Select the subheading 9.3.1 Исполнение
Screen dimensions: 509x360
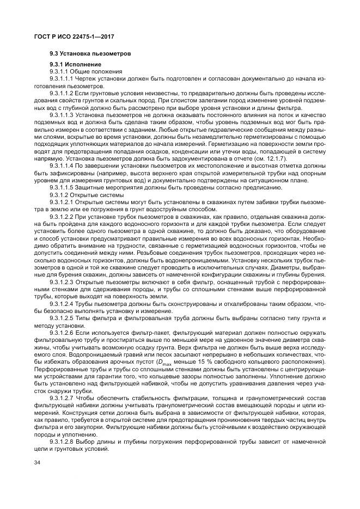click(71, 65)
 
